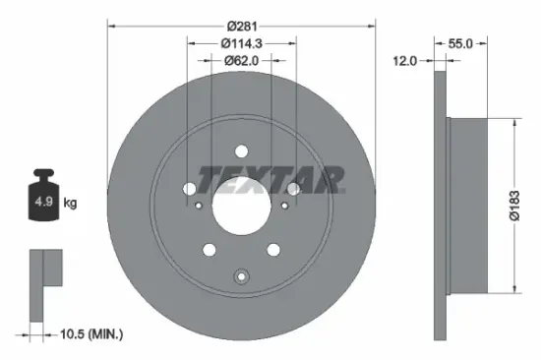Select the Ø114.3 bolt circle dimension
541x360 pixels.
[241, 42]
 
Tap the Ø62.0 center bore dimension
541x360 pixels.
[241, 60]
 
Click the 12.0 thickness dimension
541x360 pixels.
[404, 60]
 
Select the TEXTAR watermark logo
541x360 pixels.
[271, 178]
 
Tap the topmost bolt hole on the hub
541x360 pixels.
[241, 151]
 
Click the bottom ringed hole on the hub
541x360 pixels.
[241, 276]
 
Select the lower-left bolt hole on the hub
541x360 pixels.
[210, 251]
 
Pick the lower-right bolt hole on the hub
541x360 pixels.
[272, 251]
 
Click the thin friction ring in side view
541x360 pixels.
[439, 205]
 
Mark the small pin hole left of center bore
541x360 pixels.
[200, 206]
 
